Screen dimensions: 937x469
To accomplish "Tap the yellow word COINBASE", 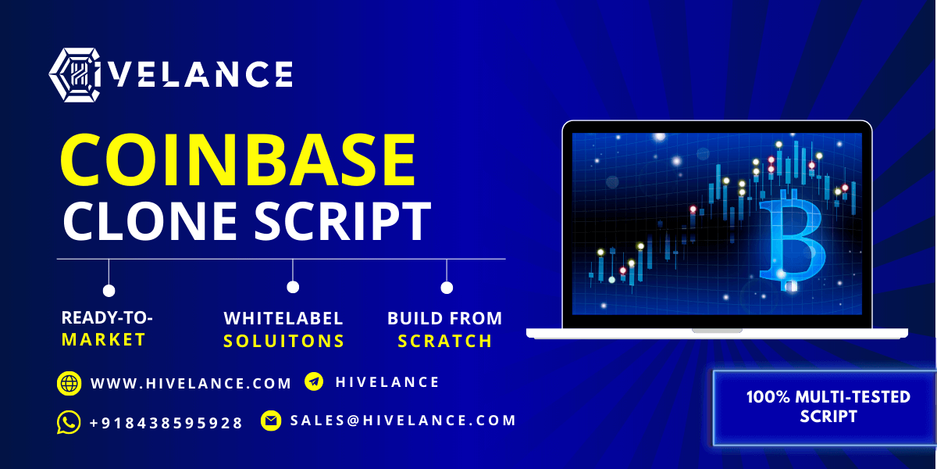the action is pyautogui.click(x=238, y=159).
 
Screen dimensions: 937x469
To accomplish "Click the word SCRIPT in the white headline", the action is pyautogui.click(x=343, y=220).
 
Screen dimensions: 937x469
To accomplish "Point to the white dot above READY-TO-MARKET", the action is pyautogui.click(x=109, y=290).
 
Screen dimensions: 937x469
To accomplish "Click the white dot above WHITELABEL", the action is pyautogui.click(x=293, y=288).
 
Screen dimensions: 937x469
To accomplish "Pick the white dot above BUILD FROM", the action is pyautogui.click(x=447, y=288).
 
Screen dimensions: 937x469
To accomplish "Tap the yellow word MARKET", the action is pyautogui.click(x=103, y=339).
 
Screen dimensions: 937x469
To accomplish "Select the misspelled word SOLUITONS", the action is pyautogui.click(x=283, y=341).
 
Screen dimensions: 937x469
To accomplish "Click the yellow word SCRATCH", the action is pyautogui.click(x=444, y=341).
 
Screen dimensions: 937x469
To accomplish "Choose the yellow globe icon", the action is pyautogui.click(x=69, y=383).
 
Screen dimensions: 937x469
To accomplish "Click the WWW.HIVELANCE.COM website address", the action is pyautogui.click(x=191, y=384).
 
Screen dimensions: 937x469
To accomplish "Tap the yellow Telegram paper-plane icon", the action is pyautogui.click(x=314, y=381).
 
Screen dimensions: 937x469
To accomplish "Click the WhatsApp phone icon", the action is pyautogui.click(x=69, y=422).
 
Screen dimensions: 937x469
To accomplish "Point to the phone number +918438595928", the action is pyautogui.click(x=166, y=423).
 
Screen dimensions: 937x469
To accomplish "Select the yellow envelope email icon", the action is pyautogui.click(x=271, y=421).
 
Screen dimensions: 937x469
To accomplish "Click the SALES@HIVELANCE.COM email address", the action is pyautogui.click(x=403, y=421).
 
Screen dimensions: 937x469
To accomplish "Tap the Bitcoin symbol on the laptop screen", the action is pyautogui.click(x=792, y=241).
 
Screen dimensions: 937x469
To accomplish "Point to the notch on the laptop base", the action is pyautogui.click(x=717, y=331).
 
